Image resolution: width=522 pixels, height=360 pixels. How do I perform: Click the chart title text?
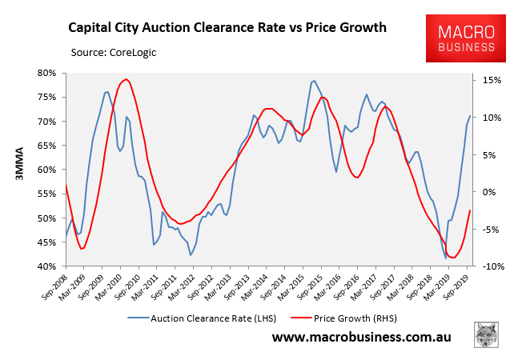click(x=226, y=27)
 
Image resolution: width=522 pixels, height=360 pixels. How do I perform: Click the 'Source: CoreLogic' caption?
click(x=114, y=54)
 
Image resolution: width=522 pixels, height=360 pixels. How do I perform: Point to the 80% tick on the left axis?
click(x=46, y=73)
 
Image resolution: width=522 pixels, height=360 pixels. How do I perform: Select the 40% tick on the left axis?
click(x=46, y=266)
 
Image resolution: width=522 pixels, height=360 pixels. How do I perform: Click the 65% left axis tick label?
click(x=46, y=146)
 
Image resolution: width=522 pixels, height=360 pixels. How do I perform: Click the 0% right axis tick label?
click(x=487, y=192)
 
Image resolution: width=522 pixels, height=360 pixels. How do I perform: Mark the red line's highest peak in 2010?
click(x=126, y=79)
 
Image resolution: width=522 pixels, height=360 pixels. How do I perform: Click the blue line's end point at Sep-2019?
click(x=469, y=117)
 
